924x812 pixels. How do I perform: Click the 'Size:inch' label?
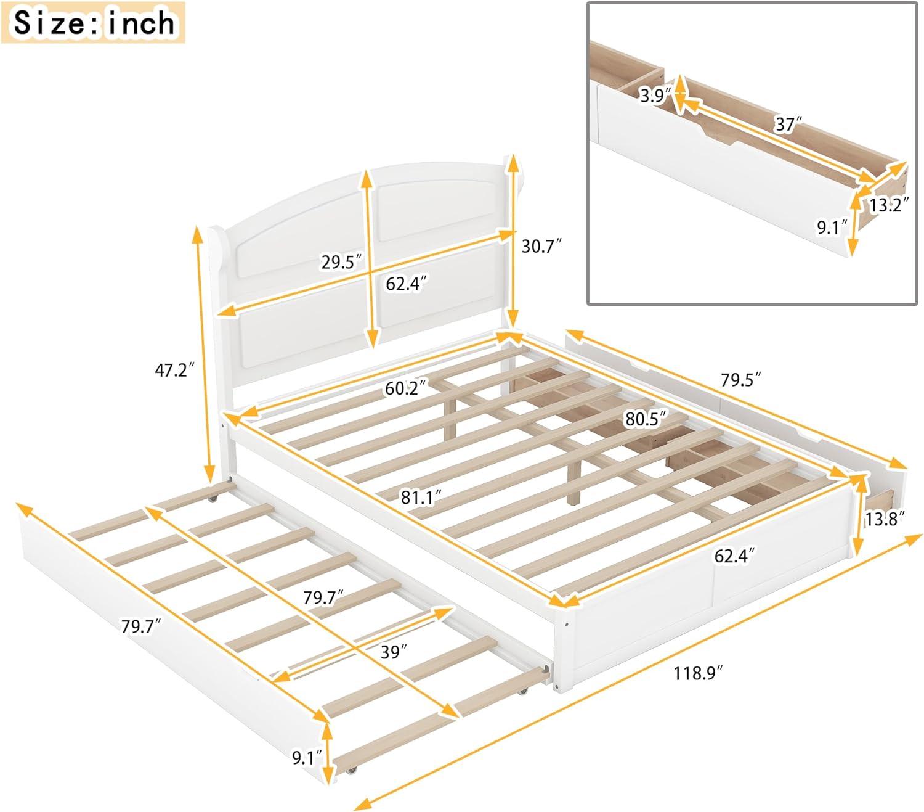[x=93, y=23]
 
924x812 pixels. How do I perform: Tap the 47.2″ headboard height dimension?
[x=174, y=370]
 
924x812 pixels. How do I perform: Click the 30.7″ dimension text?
[x=541, y=246]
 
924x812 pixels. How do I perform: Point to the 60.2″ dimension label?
[x=405, y=388]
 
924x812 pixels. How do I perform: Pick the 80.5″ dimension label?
[x=645, y=419]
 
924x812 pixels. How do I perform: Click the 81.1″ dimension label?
[x=421, y=497]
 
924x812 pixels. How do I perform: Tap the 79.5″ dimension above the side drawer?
[x=740, y=379]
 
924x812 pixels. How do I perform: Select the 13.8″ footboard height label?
[x=883, y=519]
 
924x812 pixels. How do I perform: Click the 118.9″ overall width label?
[x=697, y=673]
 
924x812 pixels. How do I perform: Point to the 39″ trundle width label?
[x=393, y=652]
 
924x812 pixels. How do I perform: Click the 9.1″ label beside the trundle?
[x=307, y=757]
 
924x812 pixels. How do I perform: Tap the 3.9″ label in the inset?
[x=654, y=96]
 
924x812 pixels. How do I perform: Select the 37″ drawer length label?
[x=787, y=125]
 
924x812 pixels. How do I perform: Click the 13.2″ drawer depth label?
[x=888, y=205]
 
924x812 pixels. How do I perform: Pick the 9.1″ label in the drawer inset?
[x=832, y=228]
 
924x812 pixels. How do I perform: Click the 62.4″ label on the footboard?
[x=734, y=556]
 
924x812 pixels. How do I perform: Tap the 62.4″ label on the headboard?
[x=405, y=284]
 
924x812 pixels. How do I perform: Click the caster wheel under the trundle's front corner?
[x=352, y=770]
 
